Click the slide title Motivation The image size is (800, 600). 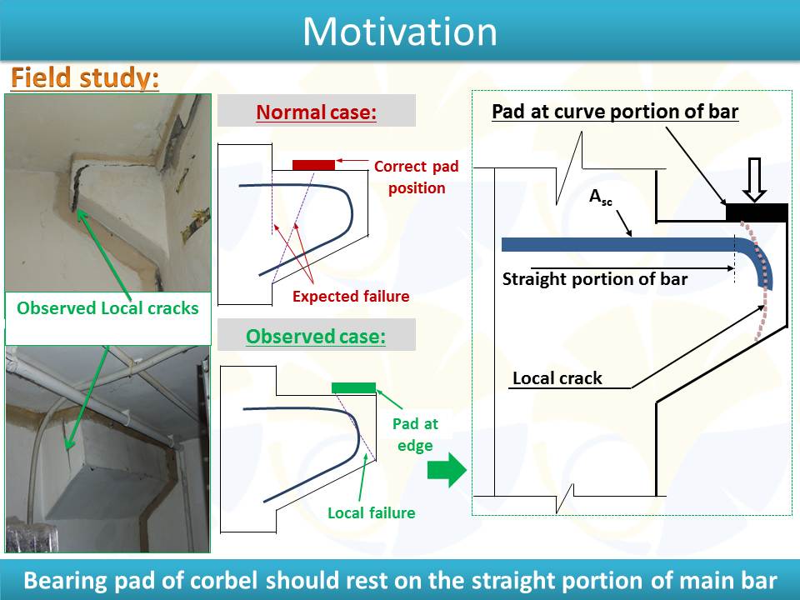(400, 32)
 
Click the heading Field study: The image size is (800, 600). (85, 78)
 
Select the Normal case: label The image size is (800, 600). (317, 112)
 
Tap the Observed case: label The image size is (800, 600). (316, 336)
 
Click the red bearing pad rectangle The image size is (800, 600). (314, 165)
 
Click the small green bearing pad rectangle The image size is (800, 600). (353, 387)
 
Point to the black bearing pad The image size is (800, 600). (757, 212)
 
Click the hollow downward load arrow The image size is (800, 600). (754, 180)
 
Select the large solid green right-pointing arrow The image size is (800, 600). (447, 469)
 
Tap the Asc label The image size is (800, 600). (601, 197)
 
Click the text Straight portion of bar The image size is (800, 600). (595, 279)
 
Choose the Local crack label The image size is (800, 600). (557, 378)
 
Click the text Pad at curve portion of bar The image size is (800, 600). (615, 112)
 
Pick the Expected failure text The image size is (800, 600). (351, 297)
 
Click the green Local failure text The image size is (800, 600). (372, 512)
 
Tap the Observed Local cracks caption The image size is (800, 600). (107, 308)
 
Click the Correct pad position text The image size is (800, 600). (417, 177)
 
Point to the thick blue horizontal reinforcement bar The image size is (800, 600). (620, 244)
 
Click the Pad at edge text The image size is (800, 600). (415, 434)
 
